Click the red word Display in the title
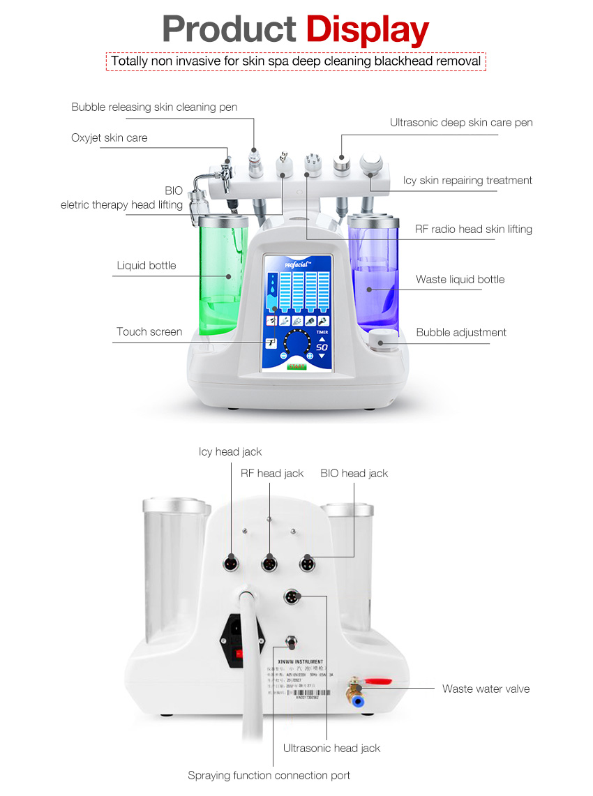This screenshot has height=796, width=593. [368, 30]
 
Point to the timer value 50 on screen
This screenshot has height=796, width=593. [322, 347]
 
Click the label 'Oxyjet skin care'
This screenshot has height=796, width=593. [109, 137]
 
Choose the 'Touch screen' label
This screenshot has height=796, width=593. [149, 332]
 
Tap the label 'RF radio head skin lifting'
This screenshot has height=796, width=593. [473, 229]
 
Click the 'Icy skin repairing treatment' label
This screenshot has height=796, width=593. [467, 180]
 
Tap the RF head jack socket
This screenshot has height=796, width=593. [269, 563]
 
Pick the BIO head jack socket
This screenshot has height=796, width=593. [306, 563]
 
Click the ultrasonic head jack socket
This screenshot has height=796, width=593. [291, 597]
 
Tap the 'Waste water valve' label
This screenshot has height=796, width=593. [486, 689]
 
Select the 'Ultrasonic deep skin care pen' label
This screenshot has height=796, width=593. [461, 123]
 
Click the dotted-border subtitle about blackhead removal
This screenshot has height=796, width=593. [296, 61]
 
